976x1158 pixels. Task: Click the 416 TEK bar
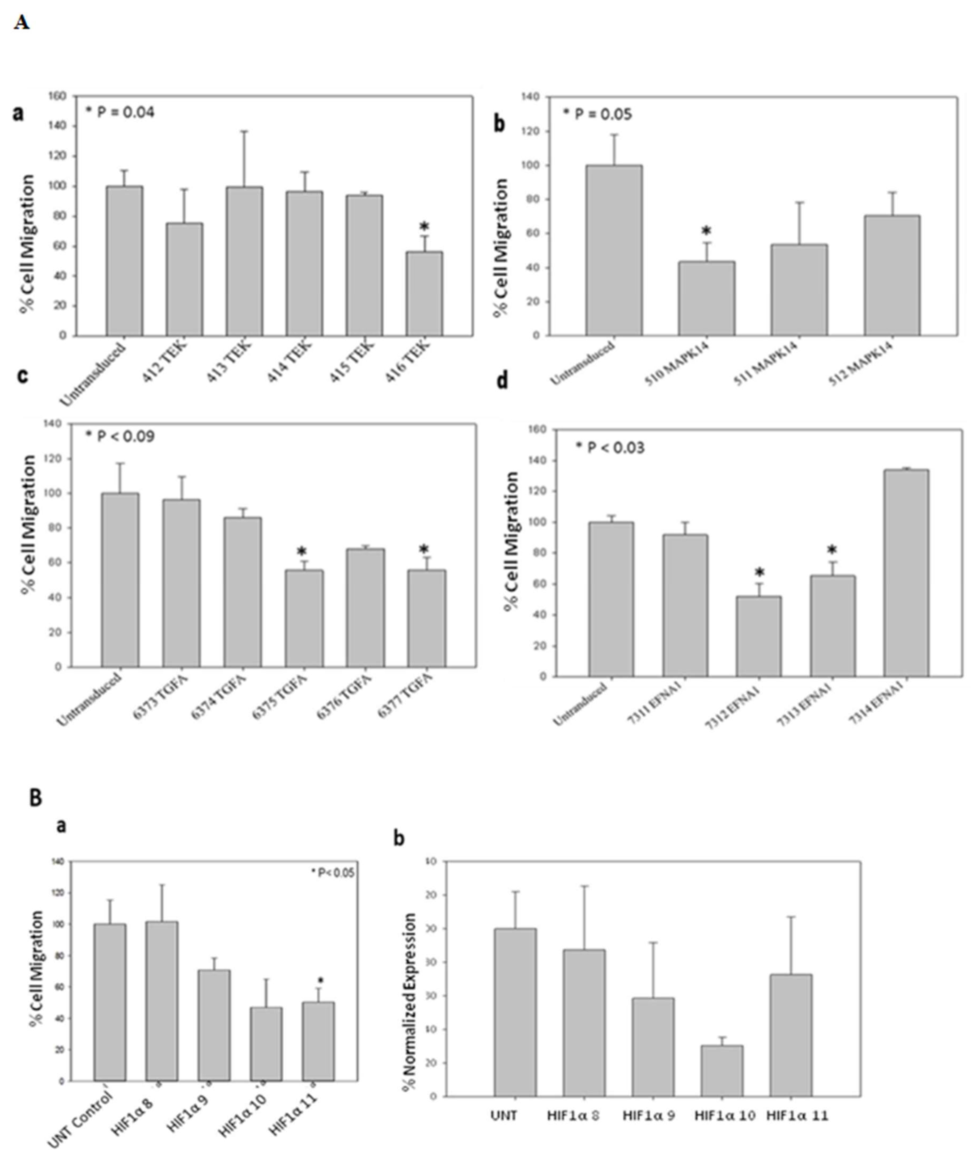coord(424,294)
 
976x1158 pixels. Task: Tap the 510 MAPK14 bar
coord(707,299)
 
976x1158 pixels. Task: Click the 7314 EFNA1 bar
coord(906,573)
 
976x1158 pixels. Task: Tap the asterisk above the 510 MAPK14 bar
coord(706,231)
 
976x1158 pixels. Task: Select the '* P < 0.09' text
coord(120,437)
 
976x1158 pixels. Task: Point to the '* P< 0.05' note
coord(332,873)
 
